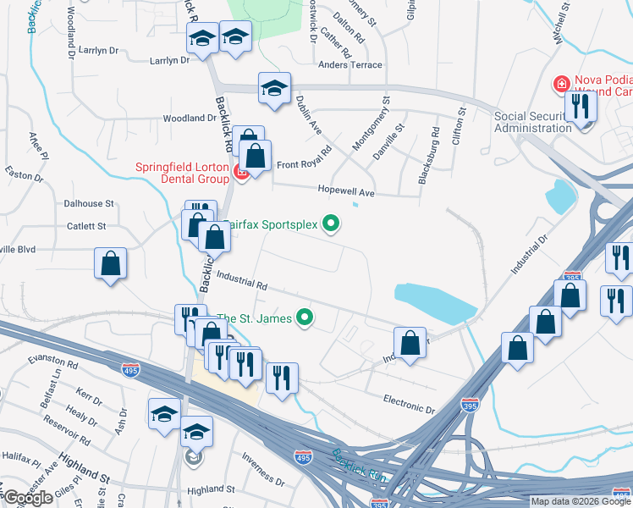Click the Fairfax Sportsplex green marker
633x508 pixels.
point(332,224)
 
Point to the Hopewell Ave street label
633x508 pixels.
point(345,192)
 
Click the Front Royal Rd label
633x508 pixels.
point(302,164)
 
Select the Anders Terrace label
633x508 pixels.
point(350,64)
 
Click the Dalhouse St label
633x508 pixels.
point(89,204)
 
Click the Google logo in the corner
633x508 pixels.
point(28,498)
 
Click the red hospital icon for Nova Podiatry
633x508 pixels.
point(560,84)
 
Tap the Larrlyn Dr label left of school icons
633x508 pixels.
point(169,60)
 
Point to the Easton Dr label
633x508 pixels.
point(24,175)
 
